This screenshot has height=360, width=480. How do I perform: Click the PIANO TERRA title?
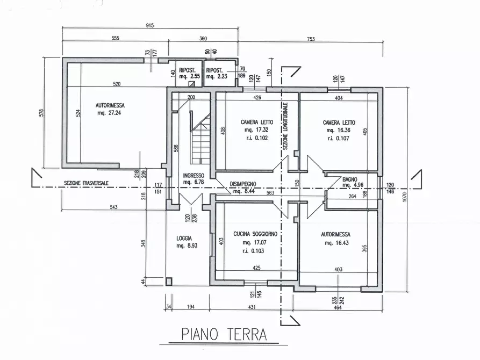224,335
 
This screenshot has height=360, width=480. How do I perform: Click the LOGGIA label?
184,238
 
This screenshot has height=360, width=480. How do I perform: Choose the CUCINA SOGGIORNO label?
255,234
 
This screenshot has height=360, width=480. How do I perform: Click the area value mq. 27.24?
109,113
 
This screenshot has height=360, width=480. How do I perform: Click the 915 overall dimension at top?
149,25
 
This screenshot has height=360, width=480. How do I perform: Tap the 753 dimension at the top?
311,39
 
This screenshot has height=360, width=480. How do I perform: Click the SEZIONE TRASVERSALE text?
86,183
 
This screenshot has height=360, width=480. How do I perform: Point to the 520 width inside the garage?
117,84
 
